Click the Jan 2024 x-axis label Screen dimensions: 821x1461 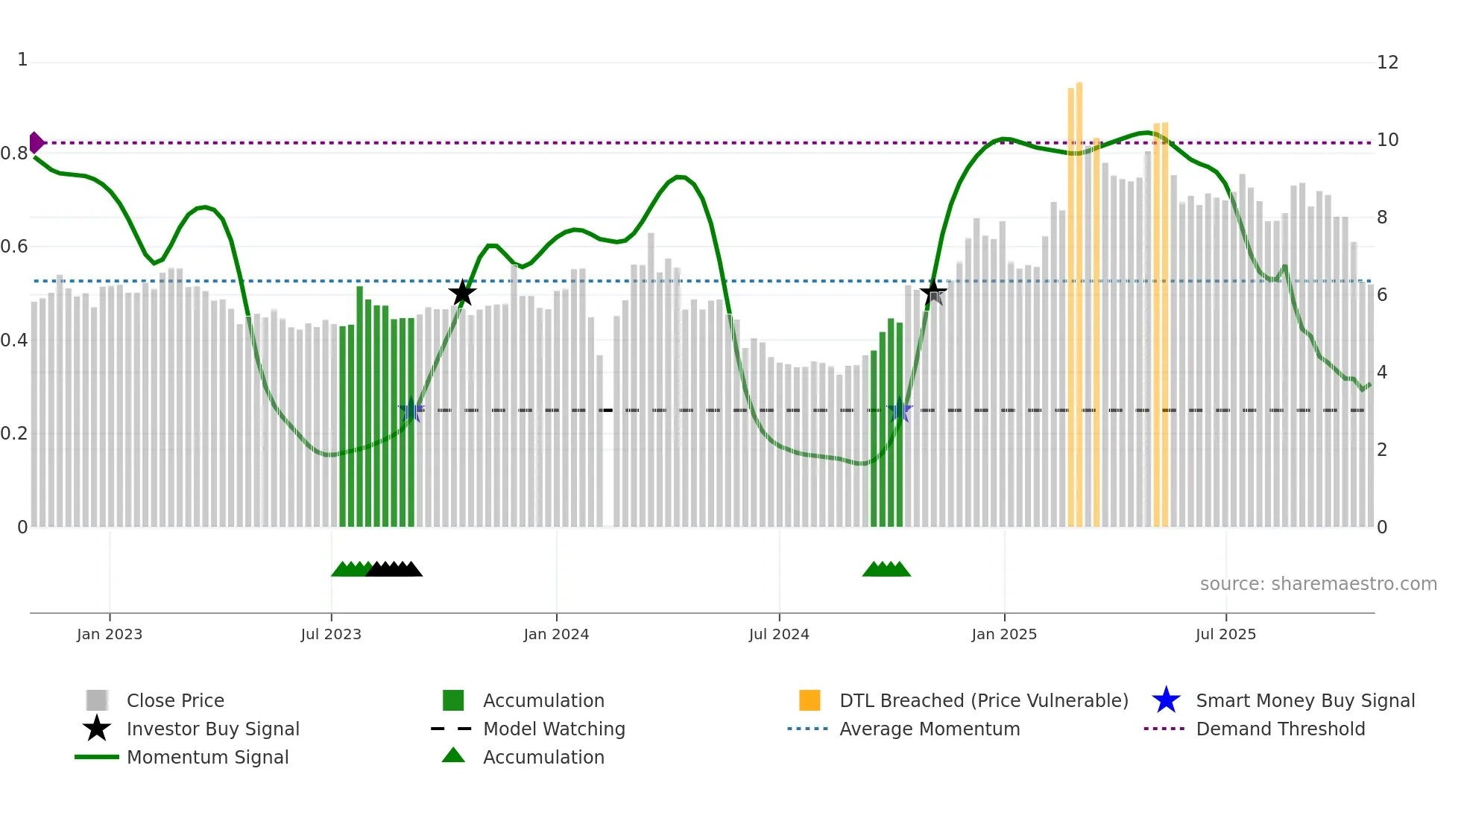pyautogui.click(x=556, y=634)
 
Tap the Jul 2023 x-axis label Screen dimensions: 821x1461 pyautogui.click(x=331, y=634)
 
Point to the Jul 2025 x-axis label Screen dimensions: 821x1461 pyautogui.click(x=1225, y=634)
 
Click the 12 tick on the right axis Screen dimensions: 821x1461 pyautogui.click(x=1387, y=63)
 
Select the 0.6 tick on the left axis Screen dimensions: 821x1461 pyautogui.click(x=15, y=247)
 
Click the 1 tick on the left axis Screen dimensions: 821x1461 pyautogui.click(x=22, y=60)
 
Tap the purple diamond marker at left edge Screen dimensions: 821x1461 pyautogui.click(x=36, y=142)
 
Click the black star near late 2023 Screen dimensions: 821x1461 pyautogui.click(x=462, y=293)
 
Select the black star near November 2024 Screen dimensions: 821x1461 pyautogui.click(x=933, y=293)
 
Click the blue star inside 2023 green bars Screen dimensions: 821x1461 pyautogui.click(x=411, y=410)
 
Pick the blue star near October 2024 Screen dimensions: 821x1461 pyautogui.click(x=900, y=410)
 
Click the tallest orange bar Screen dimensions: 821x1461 pyautogui.click(x=1079, y=298)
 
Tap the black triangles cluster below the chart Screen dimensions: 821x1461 pyautogui.click(x=395, y=569)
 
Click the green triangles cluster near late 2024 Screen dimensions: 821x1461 pyautogui.click(x=886, y=569)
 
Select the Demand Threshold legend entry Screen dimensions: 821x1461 pyautogui.click(x=1280, y=729)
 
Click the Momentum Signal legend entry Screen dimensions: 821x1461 pyautogui.click(x=207, y=757)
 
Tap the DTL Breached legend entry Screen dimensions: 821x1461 pyautogui.click(x=983, y=700)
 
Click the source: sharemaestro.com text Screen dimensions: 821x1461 pyautogui.click(x=1318, y=584)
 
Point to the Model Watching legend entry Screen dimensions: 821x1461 pyautogui.click(x=553, y=729)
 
